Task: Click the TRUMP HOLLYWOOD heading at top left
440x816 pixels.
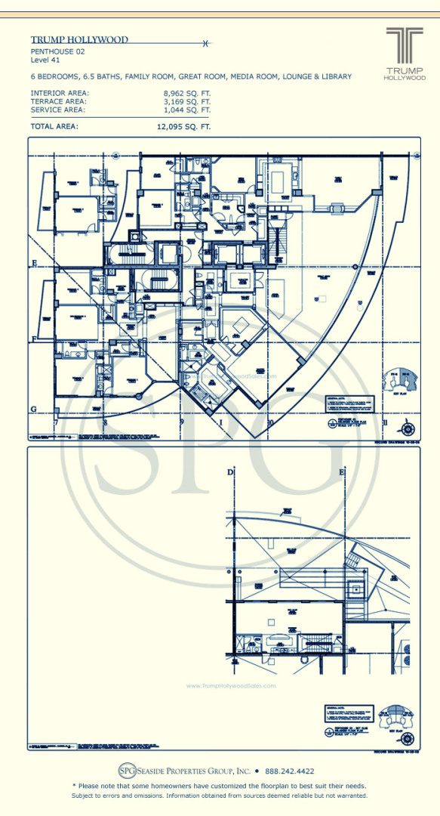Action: point(79,40)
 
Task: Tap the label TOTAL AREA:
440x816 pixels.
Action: point(54,127)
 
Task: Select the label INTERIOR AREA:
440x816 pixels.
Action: point(59,93)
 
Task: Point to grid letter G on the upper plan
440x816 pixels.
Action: point(33,409)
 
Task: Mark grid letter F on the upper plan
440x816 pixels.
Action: point(33,336)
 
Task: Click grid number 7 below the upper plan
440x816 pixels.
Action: point(56,425)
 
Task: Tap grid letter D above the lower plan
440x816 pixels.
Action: point(230,472)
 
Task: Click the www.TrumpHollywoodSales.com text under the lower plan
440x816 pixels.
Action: point(231,686)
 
